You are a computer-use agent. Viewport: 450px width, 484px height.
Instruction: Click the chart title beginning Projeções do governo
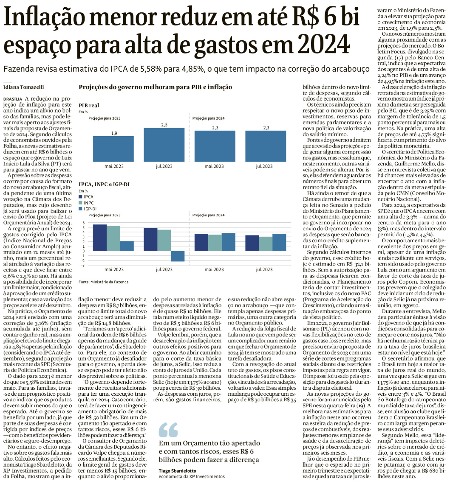pyautogui.click(x=155, y=87)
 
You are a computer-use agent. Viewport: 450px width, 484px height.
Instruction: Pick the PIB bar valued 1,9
pyautogui.click(x=114, y=148)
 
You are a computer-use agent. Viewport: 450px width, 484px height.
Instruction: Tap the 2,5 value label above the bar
pyautogui.click(x=164, y=125)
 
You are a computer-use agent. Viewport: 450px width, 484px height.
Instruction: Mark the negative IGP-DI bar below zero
pyautogui.click(x=178, y=256)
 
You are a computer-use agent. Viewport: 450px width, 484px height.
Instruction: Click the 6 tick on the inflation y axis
pyautogui.click(x=84, y=223)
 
